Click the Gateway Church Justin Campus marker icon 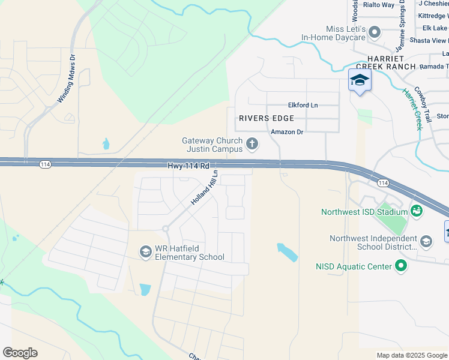(x=252, y=144)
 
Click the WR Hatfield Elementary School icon (x=145, y=252)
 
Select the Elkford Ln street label (x=303, y=105)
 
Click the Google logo (x=20, y=353)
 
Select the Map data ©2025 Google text (x=411, y=355)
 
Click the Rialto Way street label (x=379, y=5)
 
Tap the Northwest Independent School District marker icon (x=426, y=241)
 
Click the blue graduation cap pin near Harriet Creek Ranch (x=360, y=80)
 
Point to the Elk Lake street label (x=435, y=28)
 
